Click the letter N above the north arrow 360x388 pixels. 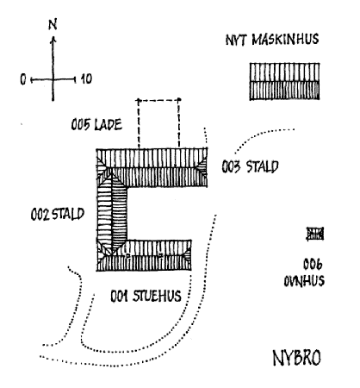click(x=53, y=24)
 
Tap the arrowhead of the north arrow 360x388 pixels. click(x=53, y=40)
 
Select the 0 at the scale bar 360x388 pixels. click(x=23, y=79)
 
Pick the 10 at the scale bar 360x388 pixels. click(x=86, y=78)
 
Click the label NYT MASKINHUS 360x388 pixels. click(x=272, y=40)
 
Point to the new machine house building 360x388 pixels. click(x=284, y=81)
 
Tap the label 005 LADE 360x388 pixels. click(x=96, y=125)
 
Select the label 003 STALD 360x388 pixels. click(x=250, y=166)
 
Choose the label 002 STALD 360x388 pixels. click(x=58, y=215)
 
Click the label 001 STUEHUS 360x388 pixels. click(x=146, y=296)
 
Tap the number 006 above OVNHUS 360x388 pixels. click(x=313, y=264)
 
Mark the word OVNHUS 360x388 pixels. click(x=304, y=281)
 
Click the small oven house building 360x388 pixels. click(x=315, y=234)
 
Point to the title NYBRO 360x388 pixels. click(x=296, y=358)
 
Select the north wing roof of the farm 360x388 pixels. click(x=152, y=167)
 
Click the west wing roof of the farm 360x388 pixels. click(x=112, y=213)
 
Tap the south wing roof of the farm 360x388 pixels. click(x=144, y=255)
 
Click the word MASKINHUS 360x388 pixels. click(x=285, y=40)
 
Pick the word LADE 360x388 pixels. click(x=109, y=125)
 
